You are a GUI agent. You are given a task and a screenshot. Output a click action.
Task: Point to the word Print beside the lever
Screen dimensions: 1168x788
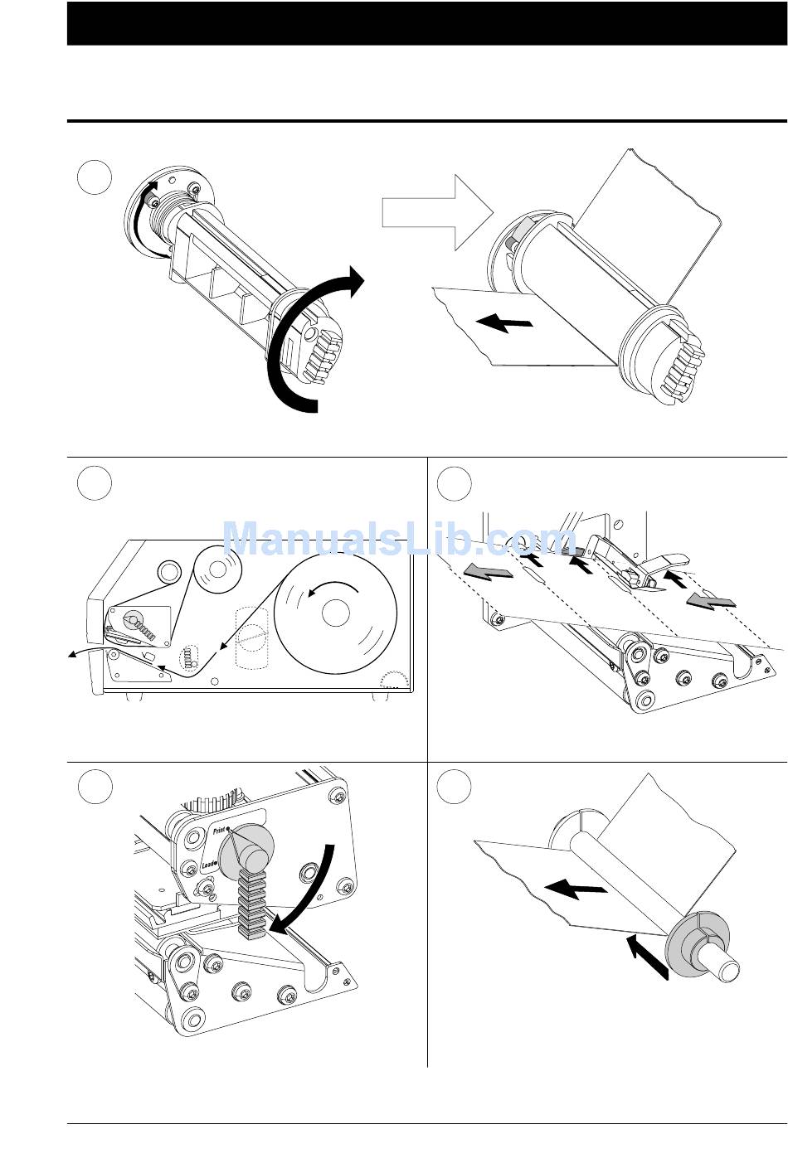pyautogui.click(x=219, y=830)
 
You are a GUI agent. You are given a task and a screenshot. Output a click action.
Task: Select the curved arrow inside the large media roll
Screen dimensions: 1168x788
pyautogui.click(x=332, y=587)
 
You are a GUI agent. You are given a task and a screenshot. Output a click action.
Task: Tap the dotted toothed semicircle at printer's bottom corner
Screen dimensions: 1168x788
pyautogui.click(x=393, y=681)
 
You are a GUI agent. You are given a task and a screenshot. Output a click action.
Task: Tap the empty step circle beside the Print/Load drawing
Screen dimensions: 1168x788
pyautogui.click(x=95, y=787)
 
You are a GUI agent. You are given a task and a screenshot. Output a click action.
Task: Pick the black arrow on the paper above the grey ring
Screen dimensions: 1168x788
pyautogui.click(x=576, y=890)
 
